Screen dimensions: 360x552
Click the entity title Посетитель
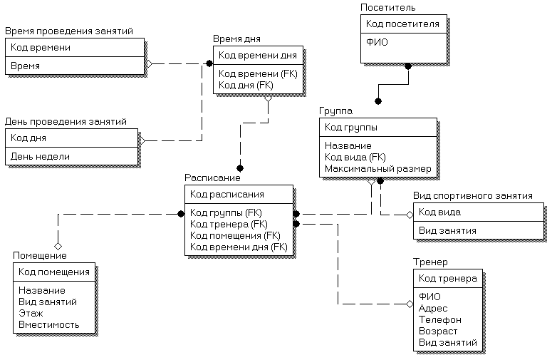pos(388,8)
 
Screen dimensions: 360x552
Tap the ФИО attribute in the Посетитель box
pos(377,42)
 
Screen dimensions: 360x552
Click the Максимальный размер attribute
pos(377,169)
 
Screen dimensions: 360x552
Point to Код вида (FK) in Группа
pos(355,158)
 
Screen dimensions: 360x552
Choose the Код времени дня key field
pos(257,55)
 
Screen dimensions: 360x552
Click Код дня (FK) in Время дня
pos(246,85)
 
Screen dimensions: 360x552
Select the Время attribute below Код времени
pos(25,66)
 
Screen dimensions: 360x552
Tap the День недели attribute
pos(40,156)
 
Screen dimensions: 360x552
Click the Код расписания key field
pos(227,194)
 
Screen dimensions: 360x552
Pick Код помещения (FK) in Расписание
pos(235,235)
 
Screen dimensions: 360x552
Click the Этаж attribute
pos(31,313)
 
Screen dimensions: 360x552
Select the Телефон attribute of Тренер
pos(440,320)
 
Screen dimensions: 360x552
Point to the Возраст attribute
pos(438,331)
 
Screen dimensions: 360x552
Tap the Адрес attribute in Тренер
pos(434,309)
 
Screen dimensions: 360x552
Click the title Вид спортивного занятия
pos(473,196)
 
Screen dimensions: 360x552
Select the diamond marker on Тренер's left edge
pos(410,304)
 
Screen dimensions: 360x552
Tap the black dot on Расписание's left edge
pos(181,213)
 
